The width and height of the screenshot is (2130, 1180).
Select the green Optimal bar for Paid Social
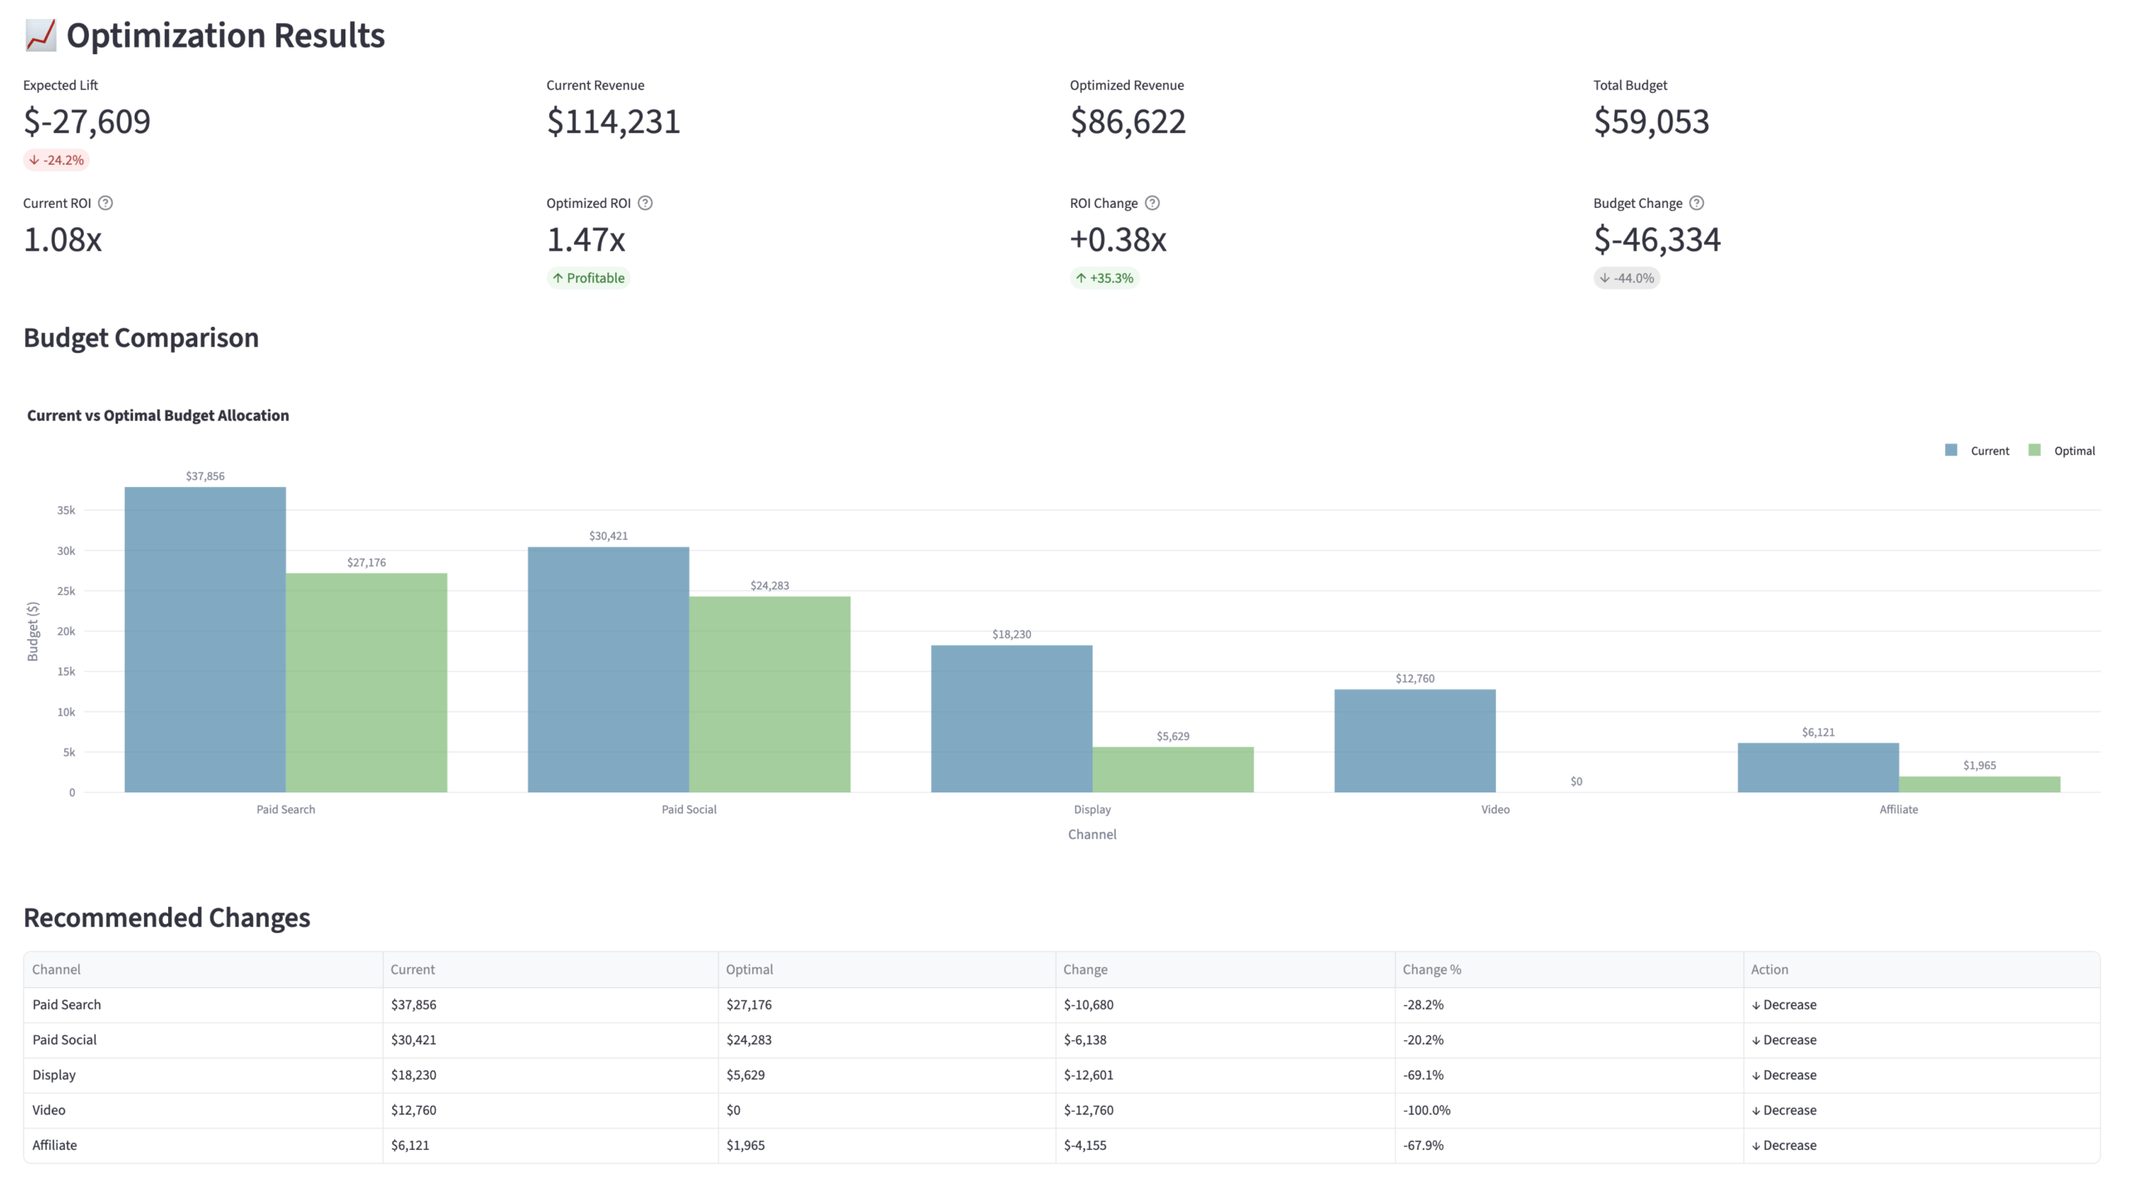pyautogui.click(x=770, y=694)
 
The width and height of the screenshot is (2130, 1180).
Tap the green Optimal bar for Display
pyautogui.click(x=1172, y=770)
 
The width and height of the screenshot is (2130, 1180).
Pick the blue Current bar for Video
pyautogui.click(x=1414, y=741)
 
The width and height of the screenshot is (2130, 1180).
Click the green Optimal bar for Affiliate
pyautogui.click(x=1979, y=784)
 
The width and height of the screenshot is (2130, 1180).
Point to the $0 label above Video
pyautogui.click(x=1576, y=781)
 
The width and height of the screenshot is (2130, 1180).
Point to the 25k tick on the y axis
pyautogui.click(x=66, y=591)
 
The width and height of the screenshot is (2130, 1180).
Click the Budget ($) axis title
pyautogui.click(x=33, y=631)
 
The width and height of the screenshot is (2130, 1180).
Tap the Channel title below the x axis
pyautogui.click(x=1092, y=834)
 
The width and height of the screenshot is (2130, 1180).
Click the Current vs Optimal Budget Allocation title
pyautogui.click(x=158, y=415)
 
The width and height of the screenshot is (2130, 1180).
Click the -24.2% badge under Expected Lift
pyautogui.click(x=57, y=160)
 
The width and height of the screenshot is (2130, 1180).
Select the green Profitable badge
pyautogui.click(x=588, y=278)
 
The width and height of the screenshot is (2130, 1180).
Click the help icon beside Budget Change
pyautogui.click(x=1697, y=203)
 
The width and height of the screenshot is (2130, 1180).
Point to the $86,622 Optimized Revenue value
pyautogui.click(x=1127, y=121)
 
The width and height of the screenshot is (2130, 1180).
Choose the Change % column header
pyautogui.click(x=1431, y=969)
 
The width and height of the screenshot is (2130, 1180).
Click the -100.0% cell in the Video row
pyautogui.click(x=1426, y=1110)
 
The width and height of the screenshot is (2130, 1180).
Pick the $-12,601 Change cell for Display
pyautogui.click(x=1088, y=1075)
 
